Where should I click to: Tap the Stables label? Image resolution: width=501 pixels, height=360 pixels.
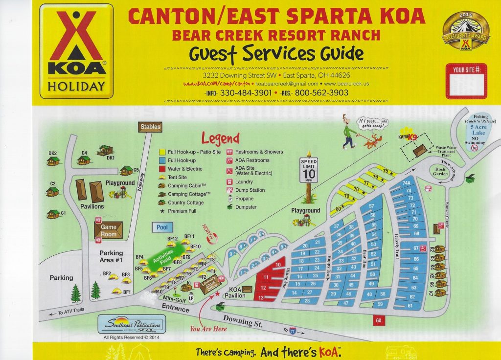coord(150,127)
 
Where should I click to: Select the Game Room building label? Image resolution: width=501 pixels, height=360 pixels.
coord(108,230)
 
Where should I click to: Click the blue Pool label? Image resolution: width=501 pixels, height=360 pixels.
coord(162,227)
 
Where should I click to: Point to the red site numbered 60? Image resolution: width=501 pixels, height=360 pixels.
coord(379,320)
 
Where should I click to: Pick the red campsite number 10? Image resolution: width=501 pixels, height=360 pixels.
coord(277,265)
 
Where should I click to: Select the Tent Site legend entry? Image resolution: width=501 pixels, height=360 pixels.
coord(177,177)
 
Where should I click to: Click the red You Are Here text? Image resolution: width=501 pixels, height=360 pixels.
coord(208,329)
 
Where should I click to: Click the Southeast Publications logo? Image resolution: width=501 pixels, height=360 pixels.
coord(132,324)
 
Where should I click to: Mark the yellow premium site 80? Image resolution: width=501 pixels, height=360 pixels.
coord(338,209)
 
